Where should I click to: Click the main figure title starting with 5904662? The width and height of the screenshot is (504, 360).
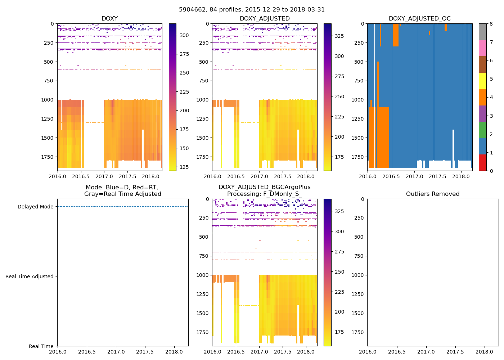click(252, 9)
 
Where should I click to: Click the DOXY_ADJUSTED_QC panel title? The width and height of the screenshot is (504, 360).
click(419, 18)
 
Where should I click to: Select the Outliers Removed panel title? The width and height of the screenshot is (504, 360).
click(432, 194)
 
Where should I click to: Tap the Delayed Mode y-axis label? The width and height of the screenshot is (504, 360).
click(35, 207)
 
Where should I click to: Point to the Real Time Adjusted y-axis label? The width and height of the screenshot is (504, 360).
click(29, 276)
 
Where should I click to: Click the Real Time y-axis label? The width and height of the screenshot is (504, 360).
click(41, 346)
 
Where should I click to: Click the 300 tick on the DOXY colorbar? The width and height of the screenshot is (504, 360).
click(184, 35)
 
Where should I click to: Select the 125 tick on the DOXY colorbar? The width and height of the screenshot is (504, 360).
click(184, 167)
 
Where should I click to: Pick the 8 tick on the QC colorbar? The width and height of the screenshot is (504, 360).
click(491, 24)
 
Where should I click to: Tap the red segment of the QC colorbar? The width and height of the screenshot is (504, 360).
click(483, 162)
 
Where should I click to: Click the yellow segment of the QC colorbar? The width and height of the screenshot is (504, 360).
click(483, 81)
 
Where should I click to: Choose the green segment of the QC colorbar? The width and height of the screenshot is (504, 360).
click(483, 130)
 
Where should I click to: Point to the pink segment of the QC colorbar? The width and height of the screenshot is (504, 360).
click(483, 48)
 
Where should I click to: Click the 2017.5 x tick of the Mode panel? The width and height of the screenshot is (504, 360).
click(145, 352)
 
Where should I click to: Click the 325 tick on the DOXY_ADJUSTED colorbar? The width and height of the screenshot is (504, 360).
click(339, 36)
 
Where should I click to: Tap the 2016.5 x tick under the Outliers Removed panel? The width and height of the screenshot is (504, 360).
click(397, 352)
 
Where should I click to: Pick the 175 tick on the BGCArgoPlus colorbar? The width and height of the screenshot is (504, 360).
click(339, 332)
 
